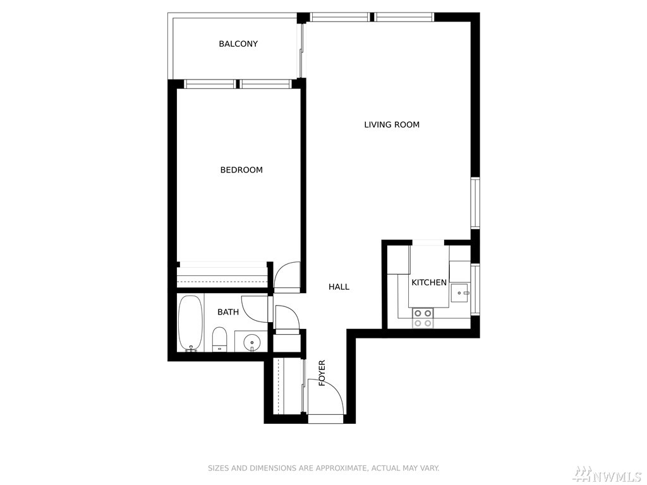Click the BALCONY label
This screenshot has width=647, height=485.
pos(238,44)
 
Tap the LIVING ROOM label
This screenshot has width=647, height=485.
pos(392,124)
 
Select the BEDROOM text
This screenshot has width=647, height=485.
pos(241,170)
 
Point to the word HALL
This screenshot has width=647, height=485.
pos(339,287)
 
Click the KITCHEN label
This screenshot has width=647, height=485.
pos(429,282)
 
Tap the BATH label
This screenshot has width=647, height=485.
pos(228,312)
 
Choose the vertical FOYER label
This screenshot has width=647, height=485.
pos(322,373)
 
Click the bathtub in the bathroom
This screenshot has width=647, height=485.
pos(190,323)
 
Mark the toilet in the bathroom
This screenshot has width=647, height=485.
pos(219,339)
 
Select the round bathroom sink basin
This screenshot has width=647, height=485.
pos(251,342)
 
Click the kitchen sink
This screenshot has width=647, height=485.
pos(460,293)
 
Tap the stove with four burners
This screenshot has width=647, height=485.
pos(423,318)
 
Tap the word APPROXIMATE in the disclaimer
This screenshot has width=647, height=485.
pos(341,468)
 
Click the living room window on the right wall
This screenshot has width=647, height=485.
pos(475,203)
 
